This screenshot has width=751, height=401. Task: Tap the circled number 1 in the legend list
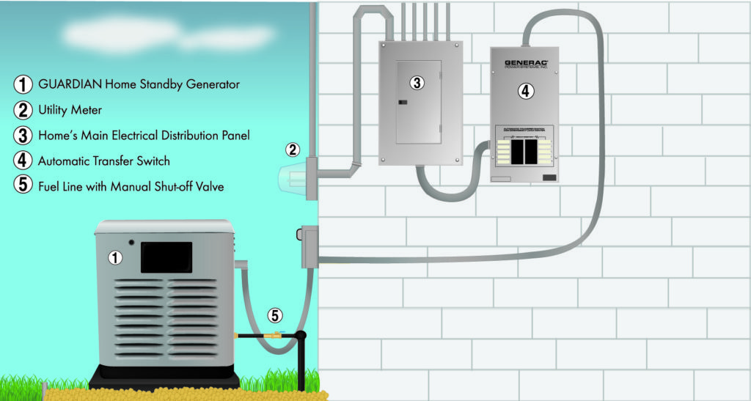(23, 84)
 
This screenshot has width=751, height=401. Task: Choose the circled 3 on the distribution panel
(417, 83)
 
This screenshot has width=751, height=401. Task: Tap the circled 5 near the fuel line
(274, 316)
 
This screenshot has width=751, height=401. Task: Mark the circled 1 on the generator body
(114, 257)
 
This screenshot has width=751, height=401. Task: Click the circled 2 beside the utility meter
(292, 150)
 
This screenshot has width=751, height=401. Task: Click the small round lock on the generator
(130, 243)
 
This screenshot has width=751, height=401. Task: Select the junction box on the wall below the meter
(309, 246)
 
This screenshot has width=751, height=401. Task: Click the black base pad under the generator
(164, 382)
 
